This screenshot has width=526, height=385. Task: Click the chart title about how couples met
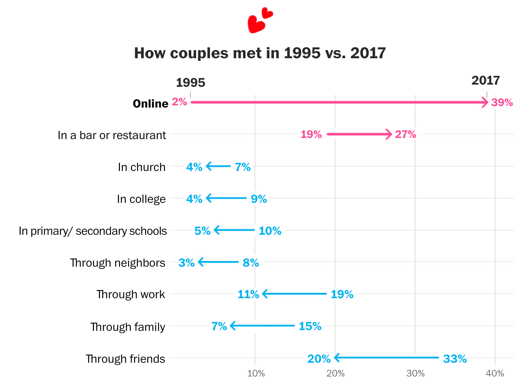click(260, 53)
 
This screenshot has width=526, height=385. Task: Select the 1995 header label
click(190, 82)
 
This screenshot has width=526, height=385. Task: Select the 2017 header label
click(486, 80)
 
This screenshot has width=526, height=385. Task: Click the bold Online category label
click(150, 103)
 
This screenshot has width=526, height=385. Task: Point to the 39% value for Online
click(502, 102)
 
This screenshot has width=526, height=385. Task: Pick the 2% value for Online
click(179, 102)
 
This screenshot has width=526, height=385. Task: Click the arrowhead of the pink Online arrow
click(484, 102)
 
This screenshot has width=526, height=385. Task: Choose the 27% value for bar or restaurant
click(405, 134)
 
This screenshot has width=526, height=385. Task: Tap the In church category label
click(142, 167)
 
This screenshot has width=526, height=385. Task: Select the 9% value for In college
click(259, 199)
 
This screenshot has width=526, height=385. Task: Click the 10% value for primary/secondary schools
click(270, 231)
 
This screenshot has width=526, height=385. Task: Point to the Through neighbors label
click(117, 263)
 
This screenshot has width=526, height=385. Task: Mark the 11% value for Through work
click(248, 294)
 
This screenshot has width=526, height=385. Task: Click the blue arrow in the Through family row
click(262, 326)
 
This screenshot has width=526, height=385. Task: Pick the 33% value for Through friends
click(455, 359)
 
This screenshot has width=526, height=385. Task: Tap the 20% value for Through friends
click(319, 359)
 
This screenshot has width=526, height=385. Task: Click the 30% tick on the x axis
click(415, 374)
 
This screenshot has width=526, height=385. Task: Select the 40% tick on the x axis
click(495, 374)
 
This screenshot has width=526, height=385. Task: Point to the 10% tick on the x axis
click(256, 374)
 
